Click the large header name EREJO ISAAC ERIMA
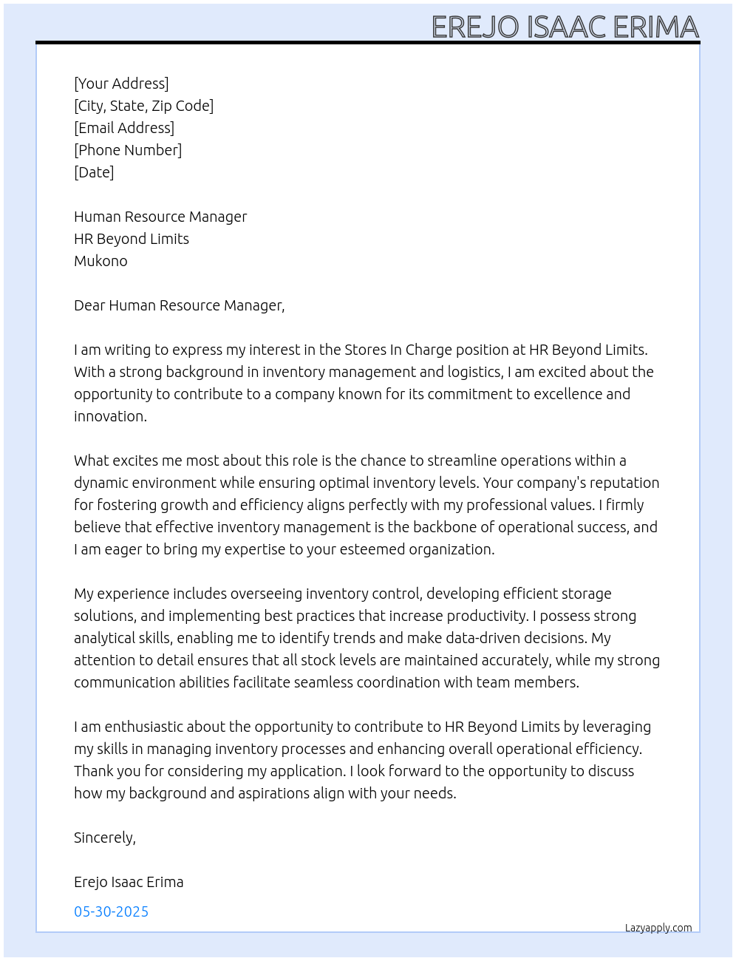click(565, 27)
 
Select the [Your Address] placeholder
click(121, 84)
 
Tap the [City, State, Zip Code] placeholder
click(143, 106)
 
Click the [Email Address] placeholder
click(124, 128)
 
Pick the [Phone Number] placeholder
click(128, 150)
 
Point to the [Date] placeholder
click(94, 172)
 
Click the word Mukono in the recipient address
click(100, 261)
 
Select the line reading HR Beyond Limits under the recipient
click(132, 239)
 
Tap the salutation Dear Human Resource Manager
click(179, 305)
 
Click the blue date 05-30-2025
click(111, 911)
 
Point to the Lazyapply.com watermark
click(658, 928)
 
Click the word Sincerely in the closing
click(104, 838)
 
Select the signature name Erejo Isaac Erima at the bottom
click(129, 882)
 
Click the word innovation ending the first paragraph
click(109, 416)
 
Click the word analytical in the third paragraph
click(104, 638)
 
